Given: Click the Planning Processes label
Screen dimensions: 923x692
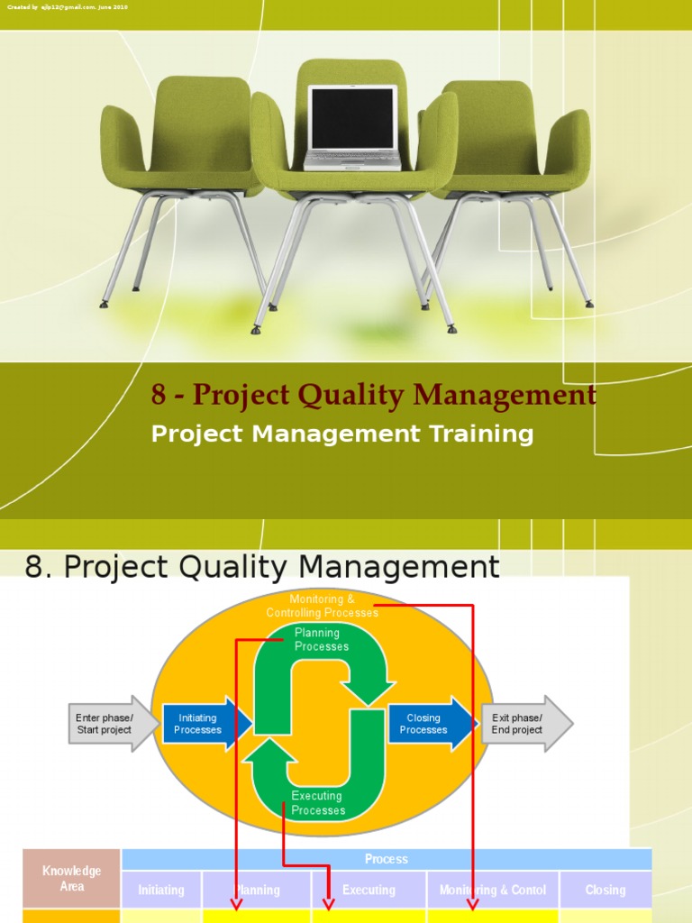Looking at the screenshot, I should tap(322, 640).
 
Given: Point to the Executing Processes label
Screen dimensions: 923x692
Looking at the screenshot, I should tap(317, 802).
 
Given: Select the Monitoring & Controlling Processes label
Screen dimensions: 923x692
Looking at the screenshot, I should tap(322, 606).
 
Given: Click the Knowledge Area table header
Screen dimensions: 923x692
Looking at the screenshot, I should tap(72, 879).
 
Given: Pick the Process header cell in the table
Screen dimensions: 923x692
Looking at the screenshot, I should tap(387, 859).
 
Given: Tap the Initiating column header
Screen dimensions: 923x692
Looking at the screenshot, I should tap(161, 890).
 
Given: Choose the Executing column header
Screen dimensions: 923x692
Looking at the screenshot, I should tap(369, 890).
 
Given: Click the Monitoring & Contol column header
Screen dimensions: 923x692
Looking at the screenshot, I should tap(493, 890).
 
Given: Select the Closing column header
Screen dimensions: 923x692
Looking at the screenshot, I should tap(605, 890).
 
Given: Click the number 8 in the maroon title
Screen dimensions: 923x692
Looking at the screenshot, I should tap(159, 395).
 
